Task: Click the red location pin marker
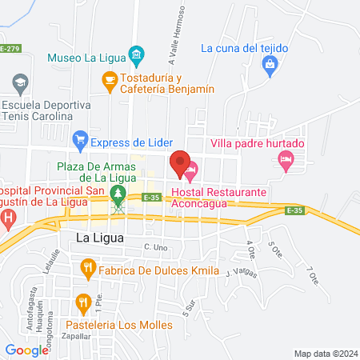pos(179,163)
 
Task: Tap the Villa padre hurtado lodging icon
pos(286,161)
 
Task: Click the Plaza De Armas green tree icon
pos(118,193)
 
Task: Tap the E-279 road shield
pos(10,50)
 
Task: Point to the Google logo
pos(26,350)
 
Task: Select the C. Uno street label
pos(155,247)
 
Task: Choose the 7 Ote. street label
pos(314,276)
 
